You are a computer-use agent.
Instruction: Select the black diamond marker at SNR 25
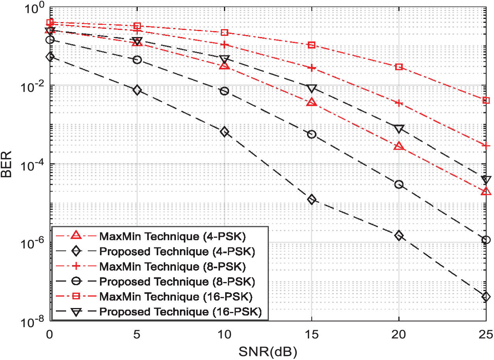coord(486,297)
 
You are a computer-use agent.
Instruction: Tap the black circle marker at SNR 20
coord(399,184)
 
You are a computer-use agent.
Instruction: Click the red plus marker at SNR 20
coord(399,103)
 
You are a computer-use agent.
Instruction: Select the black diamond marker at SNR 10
coord(224,132)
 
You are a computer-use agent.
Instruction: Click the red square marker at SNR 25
coord(486,100)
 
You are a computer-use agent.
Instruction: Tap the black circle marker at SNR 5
coord(137,59)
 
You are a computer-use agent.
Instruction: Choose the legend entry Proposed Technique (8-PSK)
coord(178,282)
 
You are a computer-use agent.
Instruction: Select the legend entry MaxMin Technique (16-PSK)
coord(176,297)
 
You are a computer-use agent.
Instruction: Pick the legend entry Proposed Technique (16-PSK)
coord(180,312)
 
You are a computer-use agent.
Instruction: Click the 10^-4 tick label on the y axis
coord(33,165)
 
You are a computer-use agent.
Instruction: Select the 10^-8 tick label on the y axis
coord(33,322)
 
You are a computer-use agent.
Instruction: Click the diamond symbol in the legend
coord(76,251)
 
